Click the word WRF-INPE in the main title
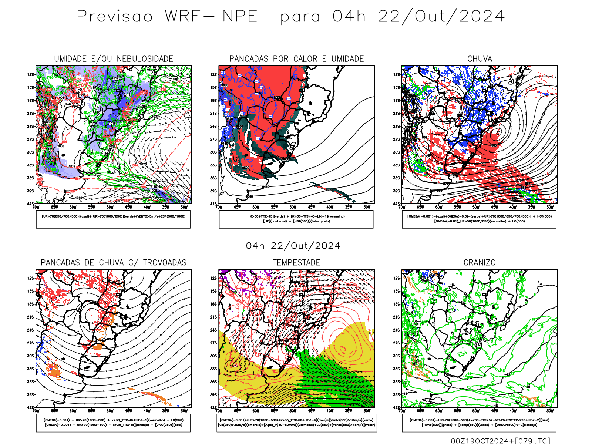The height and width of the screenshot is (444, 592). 211,17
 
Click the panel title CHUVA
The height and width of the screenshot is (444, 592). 480,59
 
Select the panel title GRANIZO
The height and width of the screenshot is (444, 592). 480,262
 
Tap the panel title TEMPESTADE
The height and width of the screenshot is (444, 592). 296,262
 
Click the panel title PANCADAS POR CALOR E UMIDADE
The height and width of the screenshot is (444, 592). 296,59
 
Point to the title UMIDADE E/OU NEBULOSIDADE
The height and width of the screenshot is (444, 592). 114,59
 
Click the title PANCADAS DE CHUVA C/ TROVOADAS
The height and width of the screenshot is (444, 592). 114,262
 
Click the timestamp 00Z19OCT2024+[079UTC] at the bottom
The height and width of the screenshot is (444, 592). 500,440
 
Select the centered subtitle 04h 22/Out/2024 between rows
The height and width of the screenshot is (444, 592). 293,246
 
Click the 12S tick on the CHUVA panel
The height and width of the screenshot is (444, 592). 397,74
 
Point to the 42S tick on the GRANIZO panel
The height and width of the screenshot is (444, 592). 397,407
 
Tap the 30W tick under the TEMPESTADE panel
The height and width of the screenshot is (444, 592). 367,411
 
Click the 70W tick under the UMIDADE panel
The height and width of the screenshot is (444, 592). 36,207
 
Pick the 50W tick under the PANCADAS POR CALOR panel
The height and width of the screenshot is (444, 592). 293,207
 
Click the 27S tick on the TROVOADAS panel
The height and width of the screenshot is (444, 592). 30,343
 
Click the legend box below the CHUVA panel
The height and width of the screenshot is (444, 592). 479,219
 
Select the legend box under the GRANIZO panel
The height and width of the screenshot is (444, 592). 479,423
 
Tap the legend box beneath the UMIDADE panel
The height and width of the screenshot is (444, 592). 113,219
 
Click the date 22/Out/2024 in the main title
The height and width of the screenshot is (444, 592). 441,17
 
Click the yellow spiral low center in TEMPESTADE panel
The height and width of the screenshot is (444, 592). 343,349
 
